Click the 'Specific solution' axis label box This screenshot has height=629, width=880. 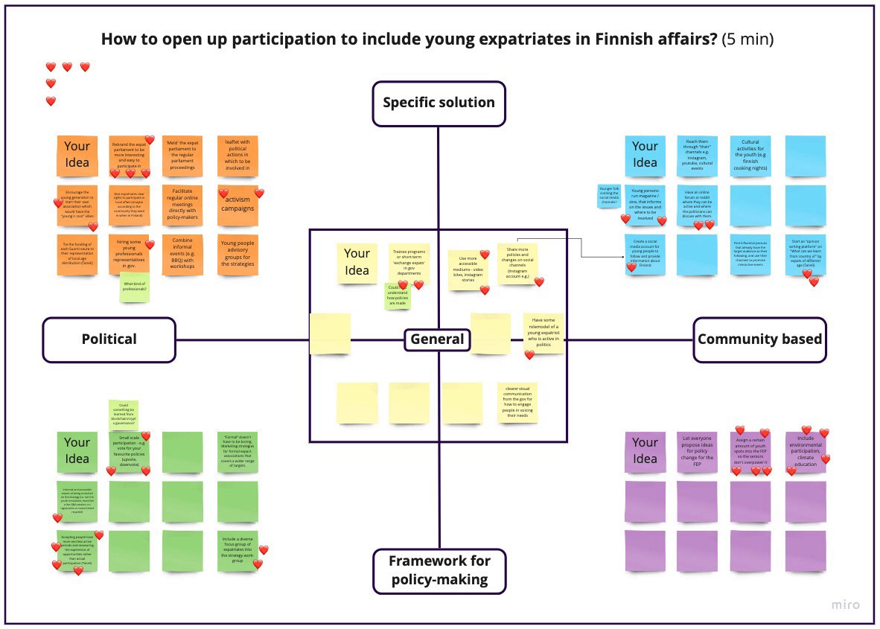tap(439, 103)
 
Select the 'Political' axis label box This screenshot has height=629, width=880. tap(109, 339)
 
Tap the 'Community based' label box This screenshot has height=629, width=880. tap(759, 339)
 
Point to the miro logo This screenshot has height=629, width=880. tap(845, 604)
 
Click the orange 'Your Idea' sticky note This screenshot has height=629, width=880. tap(77, 155)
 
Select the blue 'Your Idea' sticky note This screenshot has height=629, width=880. tap(645, 155)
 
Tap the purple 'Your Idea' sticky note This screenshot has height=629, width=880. tap(645, 450)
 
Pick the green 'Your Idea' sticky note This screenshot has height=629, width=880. tap(77, 450)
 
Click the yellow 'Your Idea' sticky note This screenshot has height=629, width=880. tap(357, 262)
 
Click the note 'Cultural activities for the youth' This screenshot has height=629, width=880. tap(750, 155)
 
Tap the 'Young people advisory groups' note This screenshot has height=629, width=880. tap(237, 253)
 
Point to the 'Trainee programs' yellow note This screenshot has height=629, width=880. tap(409, 263)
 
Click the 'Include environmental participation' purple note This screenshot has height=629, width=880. tap(806, 452)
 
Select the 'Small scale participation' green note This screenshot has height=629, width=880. tap(130, 451)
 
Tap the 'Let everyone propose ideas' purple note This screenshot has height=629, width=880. tap(698, 452)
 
